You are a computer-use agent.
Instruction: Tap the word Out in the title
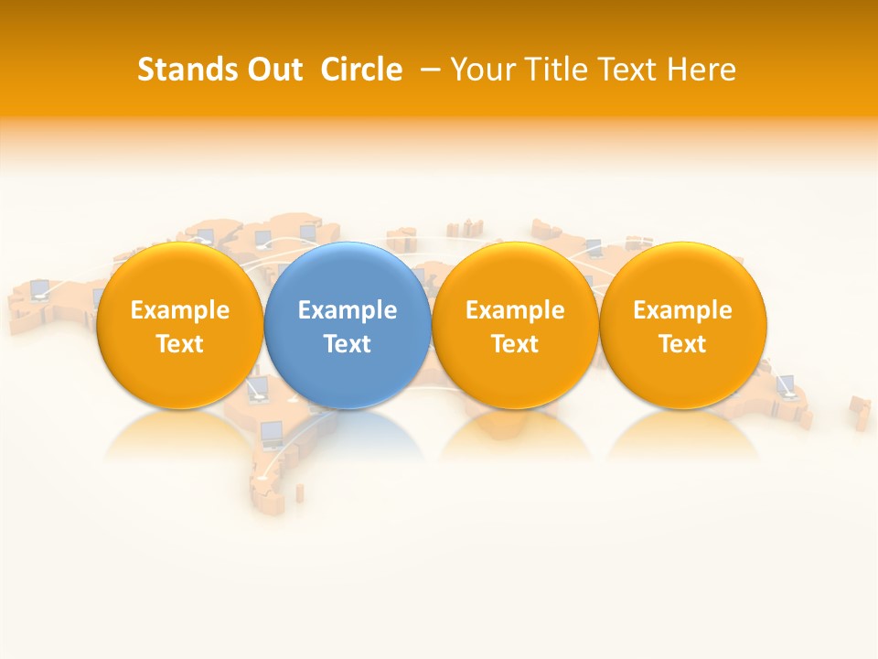[x=275, y=70]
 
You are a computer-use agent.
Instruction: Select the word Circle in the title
[x=361, y=70]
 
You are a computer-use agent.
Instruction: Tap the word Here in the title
[x=701, y=70]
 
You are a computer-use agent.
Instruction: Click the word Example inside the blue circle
[x=348, y=310]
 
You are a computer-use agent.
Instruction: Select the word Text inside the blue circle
[x=348, y=344]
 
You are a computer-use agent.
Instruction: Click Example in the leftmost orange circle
[x=180, y=310]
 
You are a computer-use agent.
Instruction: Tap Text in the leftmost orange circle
[x=180, y=344]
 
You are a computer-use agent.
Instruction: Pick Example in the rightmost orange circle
[x=683, y=310]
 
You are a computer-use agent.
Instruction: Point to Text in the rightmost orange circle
[x=683, y=344]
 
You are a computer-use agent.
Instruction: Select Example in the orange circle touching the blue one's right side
[x=515, y=310]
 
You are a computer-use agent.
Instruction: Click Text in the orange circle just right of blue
[x=515, y=344]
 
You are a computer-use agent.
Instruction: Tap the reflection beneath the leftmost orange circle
[x=180, y=435]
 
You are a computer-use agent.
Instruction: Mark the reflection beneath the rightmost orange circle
[x=683, y=435]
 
